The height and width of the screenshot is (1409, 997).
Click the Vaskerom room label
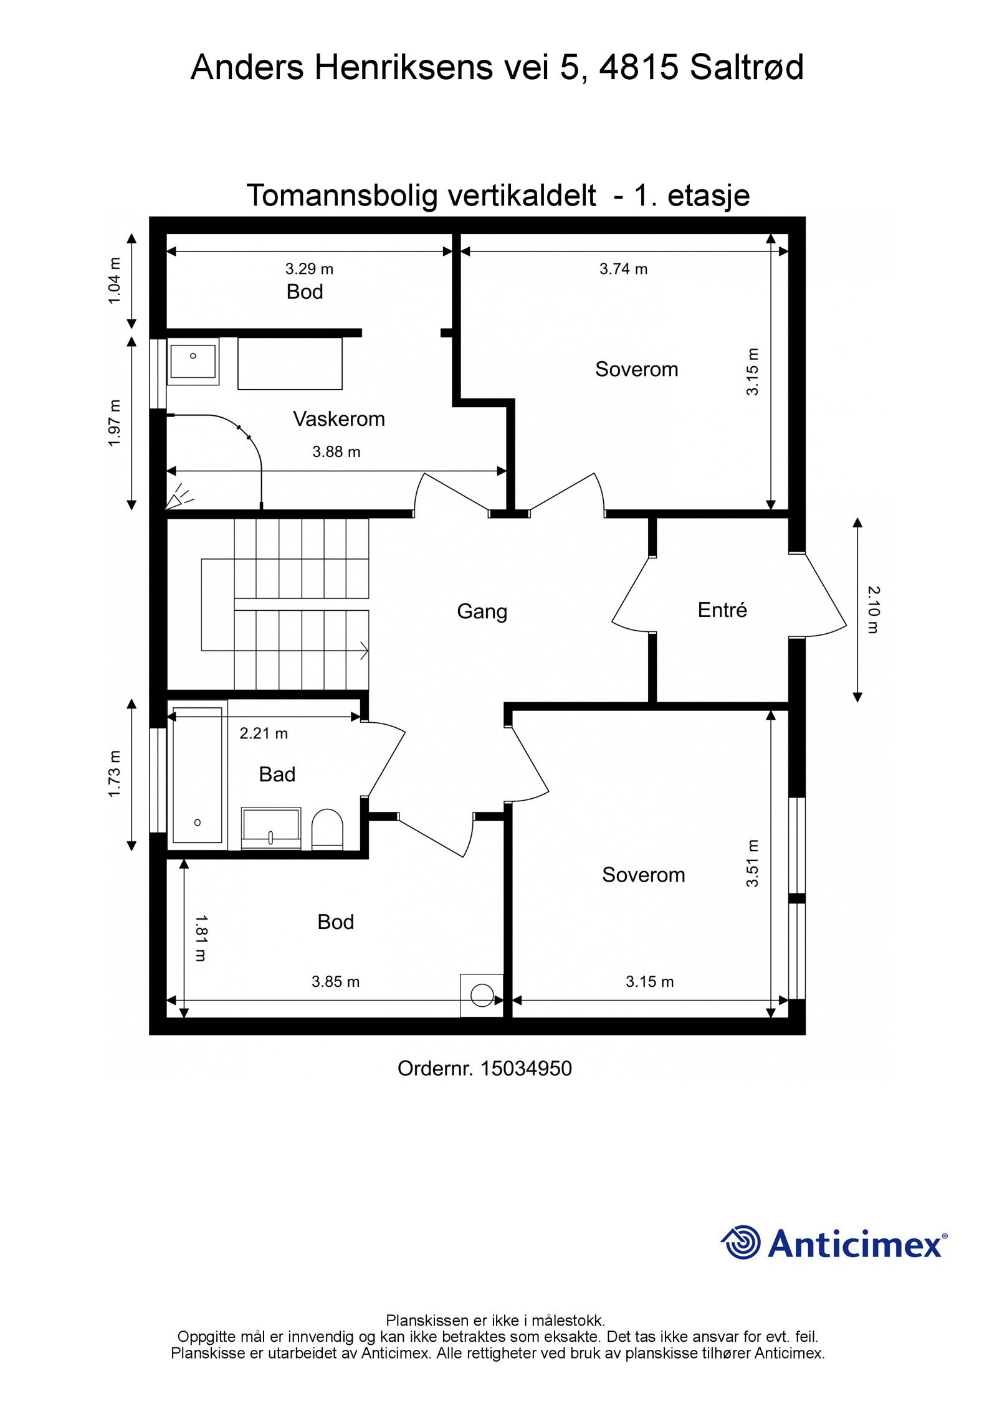coord(339,419)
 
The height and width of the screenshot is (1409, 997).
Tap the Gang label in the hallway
coord(482,611)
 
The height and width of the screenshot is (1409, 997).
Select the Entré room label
coord(722,610)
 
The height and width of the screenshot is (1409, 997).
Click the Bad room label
coord(277,775)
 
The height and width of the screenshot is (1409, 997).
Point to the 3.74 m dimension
coord(623,269)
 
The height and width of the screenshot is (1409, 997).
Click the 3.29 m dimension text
coord(309,269)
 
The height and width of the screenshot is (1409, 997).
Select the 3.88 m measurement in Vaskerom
coord(336,452)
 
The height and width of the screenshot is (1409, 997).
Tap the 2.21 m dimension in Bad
coord(264,733)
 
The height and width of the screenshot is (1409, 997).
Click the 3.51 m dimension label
coord(753,863)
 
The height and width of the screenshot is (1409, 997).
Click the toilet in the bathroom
coord(327,829)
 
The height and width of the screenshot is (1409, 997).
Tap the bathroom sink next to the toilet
coord(271,829)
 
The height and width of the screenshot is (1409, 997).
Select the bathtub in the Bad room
coord(198,775)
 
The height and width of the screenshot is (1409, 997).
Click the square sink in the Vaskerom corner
coord(193,361)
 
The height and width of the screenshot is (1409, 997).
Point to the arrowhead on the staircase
coord(364,651)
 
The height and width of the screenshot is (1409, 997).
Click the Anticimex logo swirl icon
coord(741,1242)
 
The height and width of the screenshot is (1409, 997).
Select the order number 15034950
coord(527,1068)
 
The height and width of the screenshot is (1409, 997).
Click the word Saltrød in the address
coord(747,67)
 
